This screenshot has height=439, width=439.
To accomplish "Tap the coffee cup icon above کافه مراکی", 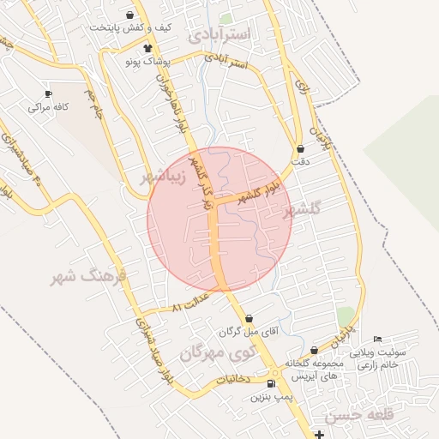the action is [x=48, y=93].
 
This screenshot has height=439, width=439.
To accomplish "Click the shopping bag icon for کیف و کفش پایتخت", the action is [x=129, y=15].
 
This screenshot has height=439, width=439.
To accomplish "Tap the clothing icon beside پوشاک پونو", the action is [x=148, y=48].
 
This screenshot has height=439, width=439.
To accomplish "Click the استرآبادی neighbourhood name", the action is [x=221, y=35].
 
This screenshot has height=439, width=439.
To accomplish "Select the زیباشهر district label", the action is [x=166, y=177].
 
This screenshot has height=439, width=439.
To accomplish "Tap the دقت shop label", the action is [x=300, y=161].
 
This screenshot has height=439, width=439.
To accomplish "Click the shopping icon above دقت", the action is [x=300, y=148].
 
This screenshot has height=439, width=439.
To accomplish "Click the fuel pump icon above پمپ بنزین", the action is [x=272, y=384].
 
